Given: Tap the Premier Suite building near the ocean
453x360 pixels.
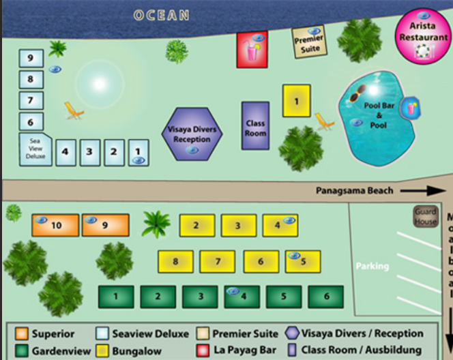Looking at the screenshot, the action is tap(309, 42).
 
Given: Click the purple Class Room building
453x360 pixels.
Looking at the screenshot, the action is tap(255, 125).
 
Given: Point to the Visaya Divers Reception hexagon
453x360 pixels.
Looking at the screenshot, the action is tap(192, 134).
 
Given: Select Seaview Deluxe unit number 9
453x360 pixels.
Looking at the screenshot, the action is tap(30, 59).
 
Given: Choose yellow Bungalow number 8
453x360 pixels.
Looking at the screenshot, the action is tap(176, 261).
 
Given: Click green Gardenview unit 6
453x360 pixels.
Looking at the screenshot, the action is tap(325, 297).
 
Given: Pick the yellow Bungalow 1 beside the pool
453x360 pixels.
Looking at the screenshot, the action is tap(296, 101).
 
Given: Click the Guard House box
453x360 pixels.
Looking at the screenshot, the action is tap(425, 217).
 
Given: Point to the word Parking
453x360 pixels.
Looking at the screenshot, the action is tap(372, 266).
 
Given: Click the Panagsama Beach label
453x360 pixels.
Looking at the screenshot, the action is tap(354, 191).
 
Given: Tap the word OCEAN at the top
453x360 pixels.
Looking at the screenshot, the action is tap(161, 16).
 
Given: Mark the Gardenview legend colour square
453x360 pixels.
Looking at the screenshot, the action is tap(22, 350).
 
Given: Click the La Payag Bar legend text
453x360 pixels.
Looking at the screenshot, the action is tap(245, 350).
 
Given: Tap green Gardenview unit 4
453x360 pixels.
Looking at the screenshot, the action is tap(242, 297).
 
